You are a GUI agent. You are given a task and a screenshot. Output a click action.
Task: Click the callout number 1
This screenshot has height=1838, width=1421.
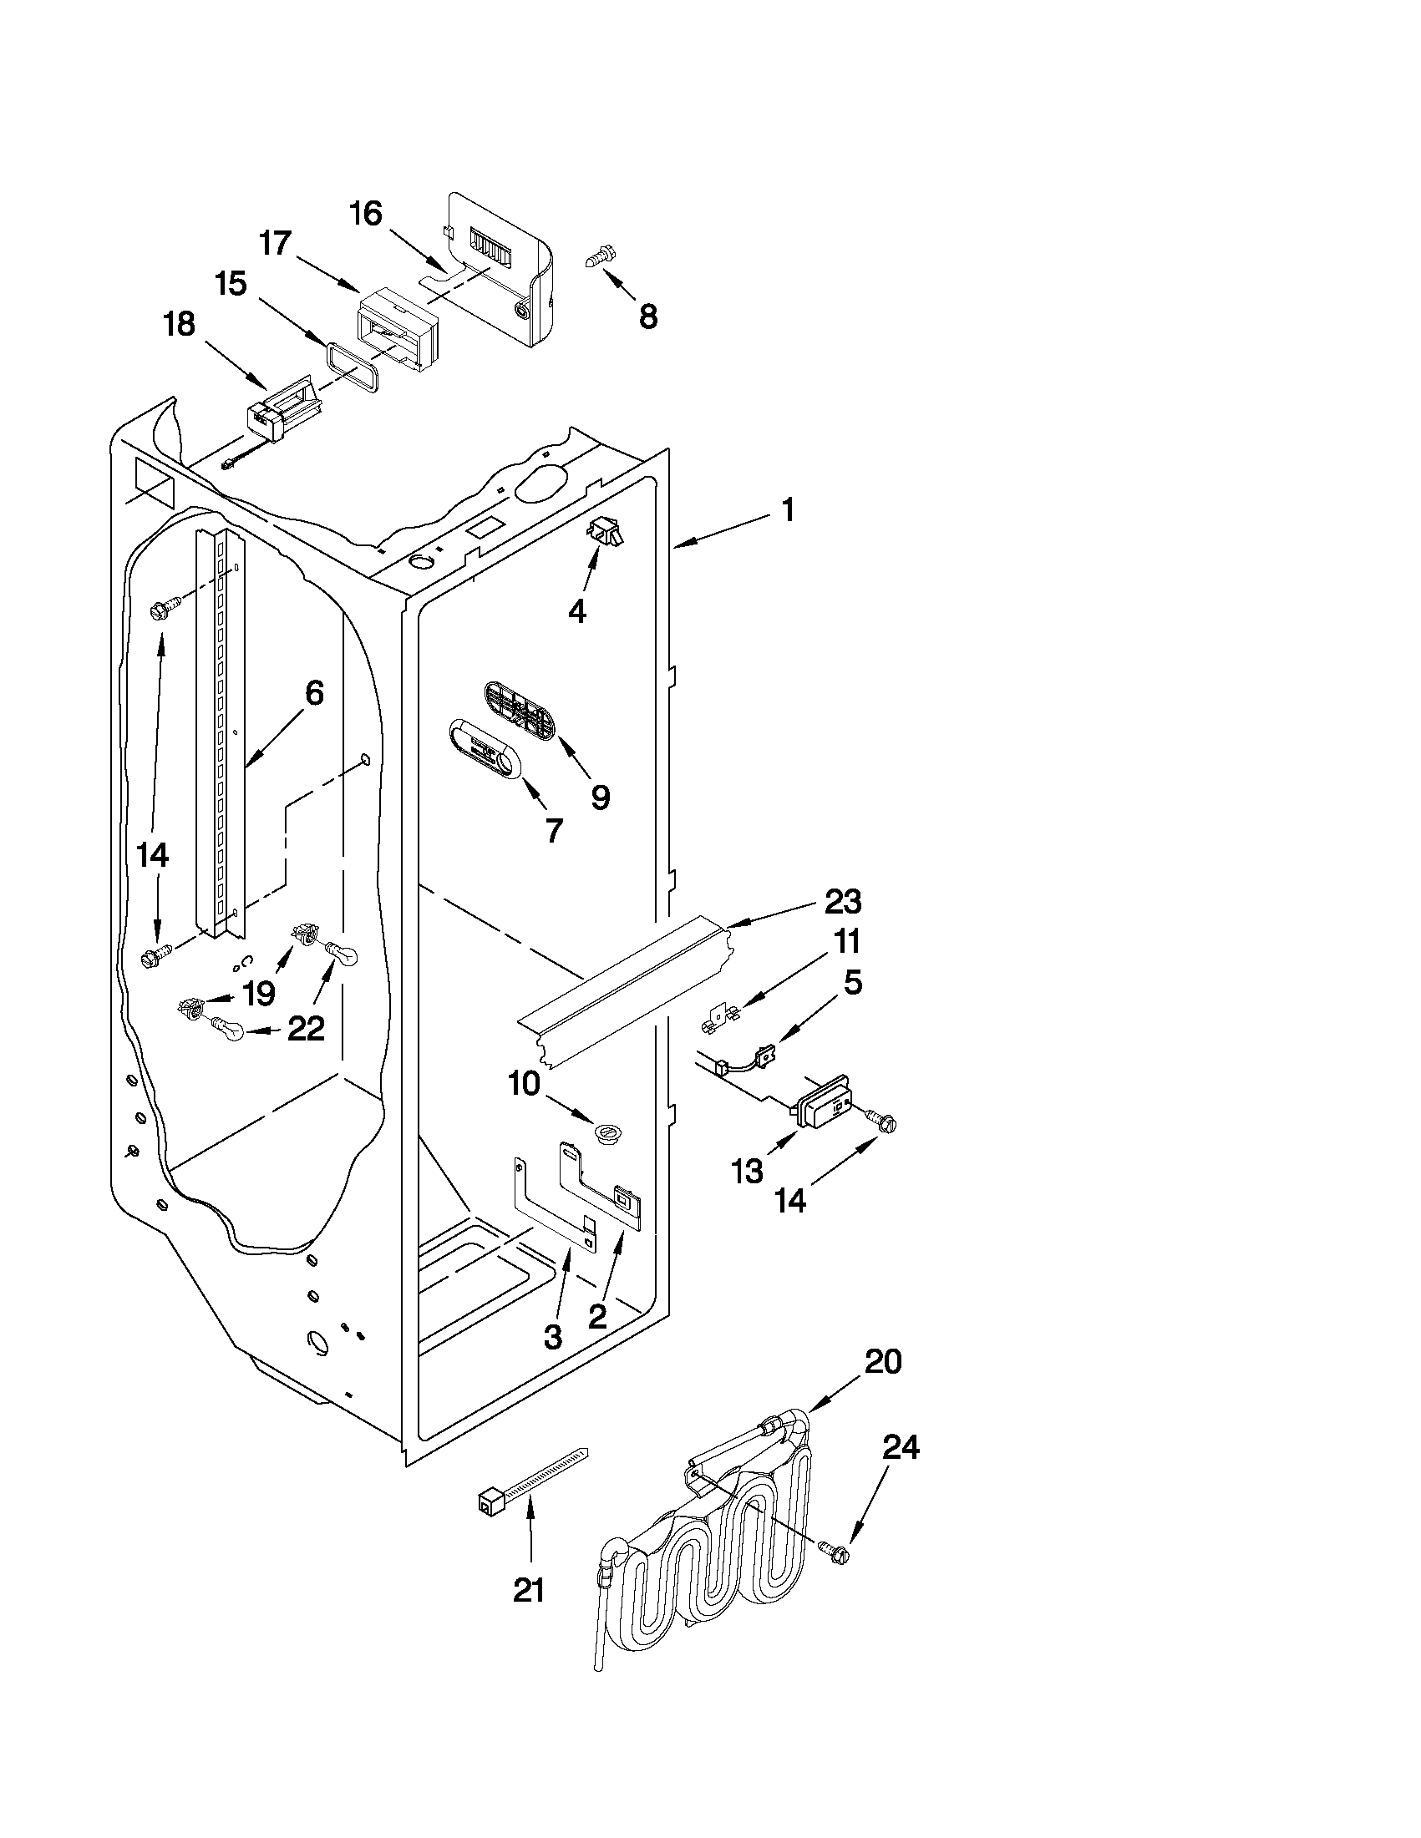tap(787, 510)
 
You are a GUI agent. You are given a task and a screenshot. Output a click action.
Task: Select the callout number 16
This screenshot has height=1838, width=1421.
tap(366, 214)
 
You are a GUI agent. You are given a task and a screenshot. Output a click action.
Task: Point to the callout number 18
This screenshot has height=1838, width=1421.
tap(180, 324)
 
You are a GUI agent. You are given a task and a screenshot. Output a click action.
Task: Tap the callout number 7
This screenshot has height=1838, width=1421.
tap(553, 831)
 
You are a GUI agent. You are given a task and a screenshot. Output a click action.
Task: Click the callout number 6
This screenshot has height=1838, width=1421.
tap(312, 692)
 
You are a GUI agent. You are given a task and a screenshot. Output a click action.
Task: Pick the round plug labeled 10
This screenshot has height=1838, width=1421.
tap(606, 1132)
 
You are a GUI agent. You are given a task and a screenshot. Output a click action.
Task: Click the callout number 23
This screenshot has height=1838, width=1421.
tap(842, 901)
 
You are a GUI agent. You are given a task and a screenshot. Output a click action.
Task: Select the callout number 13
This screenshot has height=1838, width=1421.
tap(748, 1171)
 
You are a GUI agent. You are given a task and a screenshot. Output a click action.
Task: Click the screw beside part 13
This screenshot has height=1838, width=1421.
tap(881, 1120)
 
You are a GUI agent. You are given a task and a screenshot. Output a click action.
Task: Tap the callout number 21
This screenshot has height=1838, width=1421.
tap(529, 1589)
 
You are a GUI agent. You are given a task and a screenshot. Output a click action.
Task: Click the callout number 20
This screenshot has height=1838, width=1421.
tap(883, 1361)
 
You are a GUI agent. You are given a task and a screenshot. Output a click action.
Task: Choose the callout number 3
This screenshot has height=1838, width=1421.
tap(552, 1336)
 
